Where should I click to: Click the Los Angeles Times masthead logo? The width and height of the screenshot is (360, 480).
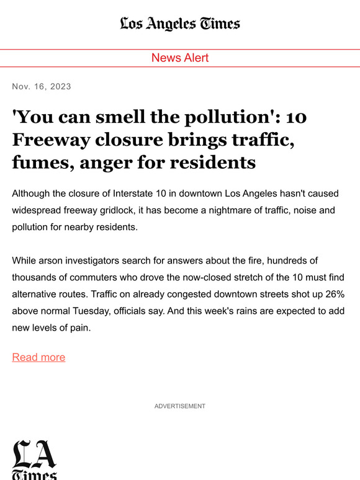[x=180, y=24]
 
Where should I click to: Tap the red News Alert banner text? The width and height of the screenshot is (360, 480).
[x=180, y=58]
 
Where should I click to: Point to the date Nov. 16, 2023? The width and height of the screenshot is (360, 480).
[x=42, y=86]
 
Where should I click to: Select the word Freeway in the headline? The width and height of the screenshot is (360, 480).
[x=48, y=140]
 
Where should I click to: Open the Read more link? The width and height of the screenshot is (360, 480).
[x=38, y=357]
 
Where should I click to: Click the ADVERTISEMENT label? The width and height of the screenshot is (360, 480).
[x=180, y=406]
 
